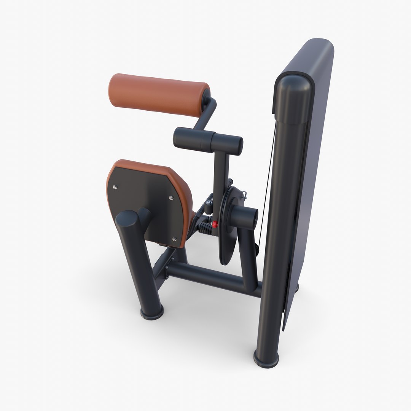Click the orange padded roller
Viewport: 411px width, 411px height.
click(x=158, y=93)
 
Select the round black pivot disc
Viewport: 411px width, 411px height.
click(x=228, y=228)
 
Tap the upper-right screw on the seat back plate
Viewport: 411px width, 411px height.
click(x=171, y=198)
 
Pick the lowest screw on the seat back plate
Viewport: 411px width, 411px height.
click(x=174, y=239)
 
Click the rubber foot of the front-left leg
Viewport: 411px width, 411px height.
click(x=152, y=313)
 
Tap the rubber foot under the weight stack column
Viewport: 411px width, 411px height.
click(x=266, y=358)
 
